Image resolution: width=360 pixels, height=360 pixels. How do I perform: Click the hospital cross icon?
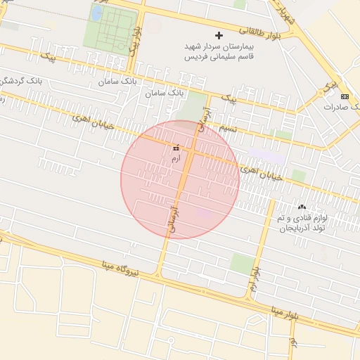pyautogui.click(x=219, y=34)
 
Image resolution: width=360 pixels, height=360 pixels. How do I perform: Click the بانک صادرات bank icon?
pyautogui.click(x=344, y=96)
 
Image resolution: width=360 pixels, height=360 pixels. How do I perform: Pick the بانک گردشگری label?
pyautogui.click(x=15, y=80)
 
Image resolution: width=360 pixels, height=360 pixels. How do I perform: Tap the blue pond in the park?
pyautogui.click(x=96, y=13)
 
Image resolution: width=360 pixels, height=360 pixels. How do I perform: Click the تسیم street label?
pyautogui.click(x=227, y=129)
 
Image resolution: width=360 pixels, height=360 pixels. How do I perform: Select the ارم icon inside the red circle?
pyautogui.click(x=175, y=148)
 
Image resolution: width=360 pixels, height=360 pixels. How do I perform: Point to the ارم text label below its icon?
pyautogui.click(x=175, y=159)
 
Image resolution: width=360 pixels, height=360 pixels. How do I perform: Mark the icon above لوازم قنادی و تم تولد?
pyautogui.click(x=302, y=207)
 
